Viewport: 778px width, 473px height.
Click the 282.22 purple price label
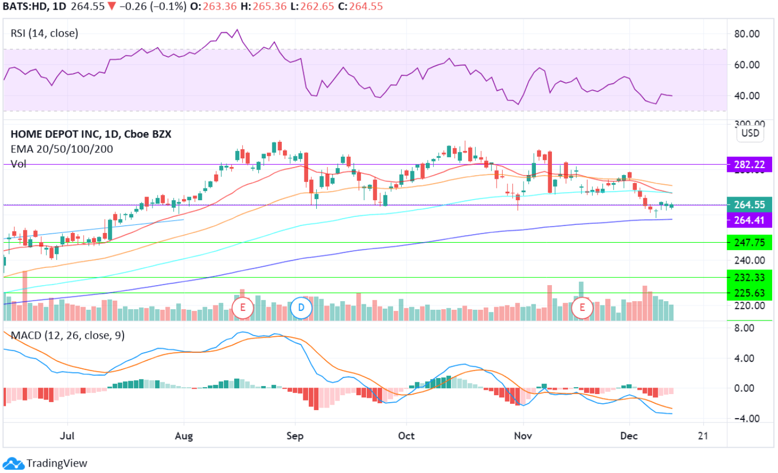(x=749, y=165)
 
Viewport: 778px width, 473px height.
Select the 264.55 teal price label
(x=749, y=205)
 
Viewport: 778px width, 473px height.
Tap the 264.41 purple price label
(x=749, y=220)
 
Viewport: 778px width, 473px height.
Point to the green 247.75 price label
(x=749, y=243)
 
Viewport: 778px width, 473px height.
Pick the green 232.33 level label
(x=749, y=278)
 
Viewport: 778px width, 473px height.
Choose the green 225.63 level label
(x=749, y=293)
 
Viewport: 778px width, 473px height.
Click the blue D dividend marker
(x=301, y=308)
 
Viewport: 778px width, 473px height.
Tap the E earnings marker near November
(x=582, y=308)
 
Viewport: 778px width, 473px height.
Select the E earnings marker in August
(x=243, y=308)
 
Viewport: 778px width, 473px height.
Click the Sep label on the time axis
(x=295, y=435)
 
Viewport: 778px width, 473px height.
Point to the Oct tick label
(x=406, y=435)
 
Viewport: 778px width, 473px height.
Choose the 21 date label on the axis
(x=703, y=435)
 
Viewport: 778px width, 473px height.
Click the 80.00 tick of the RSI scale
(x=747, y=34)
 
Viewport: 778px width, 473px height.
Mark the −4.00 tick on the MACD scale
(x=746, y=418)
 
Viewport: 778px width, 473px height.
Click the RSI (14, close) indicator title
(x=45, y=33)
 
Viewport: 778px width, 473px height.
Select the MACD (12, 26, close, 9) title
(x=68, y=336)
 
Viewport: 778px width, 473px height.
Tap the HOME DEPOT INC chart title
(x=91, y=134)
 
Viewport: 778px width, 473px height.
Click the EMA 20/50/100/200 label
(x=62, y=149)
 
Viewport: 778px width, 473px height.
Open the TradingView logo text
(x=56, y=463)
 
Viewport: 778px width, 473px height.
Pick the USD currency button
(x=750, y=133)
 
